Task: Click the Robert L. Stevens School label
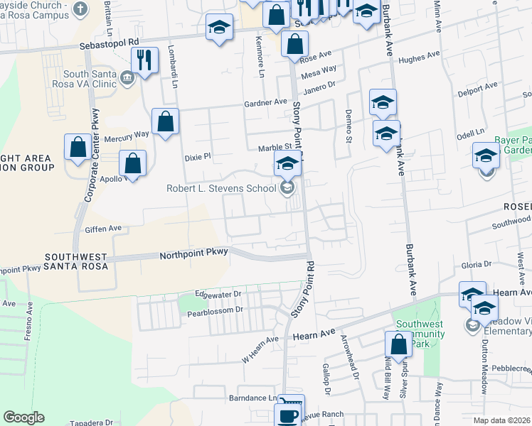coord(221,189)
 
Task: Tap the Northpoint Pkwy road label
coord(193,254)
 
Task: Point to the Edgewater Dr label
coord(218,294)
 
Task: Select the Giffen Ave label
coord(104,229)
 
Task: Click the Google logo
coord(23,417)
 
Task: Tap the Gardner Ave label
coord(265,102)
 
